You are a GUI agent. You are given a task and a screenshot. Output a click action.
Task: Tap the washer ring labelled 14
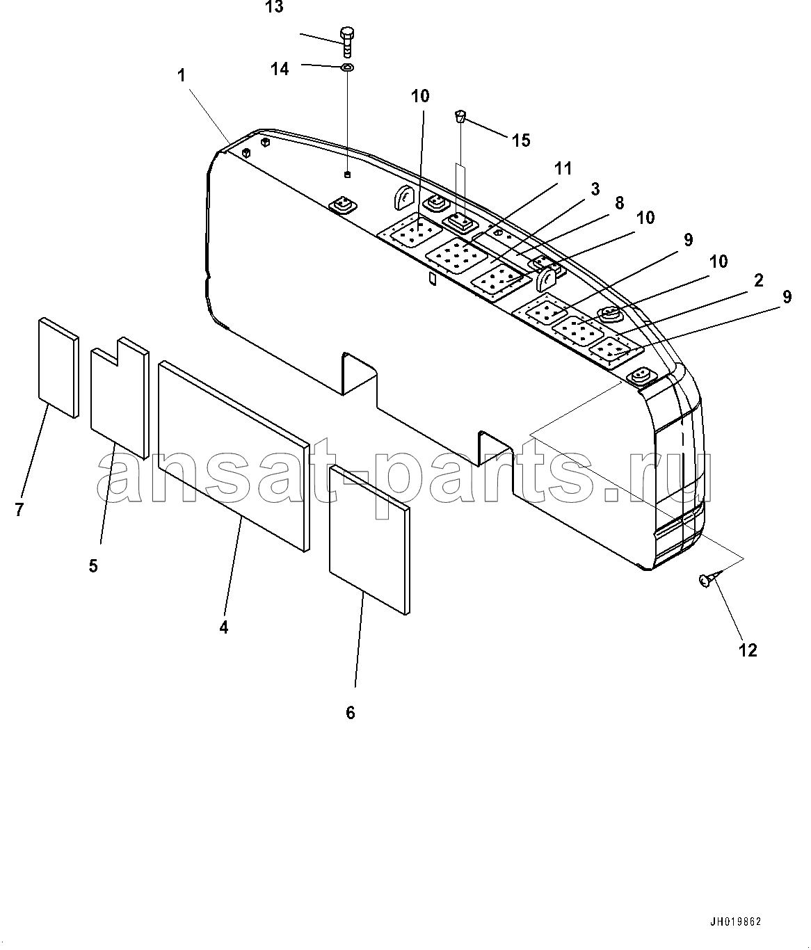coord(348,67)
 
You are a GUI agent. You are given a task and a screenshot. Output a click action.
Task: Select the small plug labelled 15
coord(460,116)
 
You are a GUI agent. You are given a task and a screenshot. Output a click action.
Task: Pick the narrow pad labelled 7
coord(58,367)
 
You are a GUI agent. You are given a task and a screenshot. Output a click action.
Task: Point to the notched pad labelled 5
coord(120,397)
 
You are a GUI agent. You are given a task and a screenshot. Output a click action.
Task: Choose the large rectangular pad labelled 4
coord(234,456)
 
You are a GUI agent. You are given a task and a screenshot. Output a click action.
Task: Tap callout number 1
coord(182,75)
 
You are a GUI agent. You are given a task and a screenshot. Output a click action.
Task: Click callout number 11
coord(563,169)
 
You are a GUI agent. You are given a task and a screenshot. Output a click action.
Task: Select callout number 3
coord(595,189)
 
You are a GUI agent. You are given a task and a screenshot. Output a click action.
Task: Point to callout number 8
coord(619,202)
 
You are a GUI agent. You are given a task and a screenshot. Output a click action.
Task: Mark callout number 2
coord(758,280)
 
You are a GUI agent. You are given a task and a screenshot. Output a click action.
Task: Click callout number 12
coord(748,650)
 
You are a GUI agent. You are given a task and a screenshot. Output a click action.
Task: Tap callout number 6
coord(351,713)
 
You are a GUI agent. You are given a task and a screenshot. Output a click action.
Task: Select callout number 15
coord(522,140)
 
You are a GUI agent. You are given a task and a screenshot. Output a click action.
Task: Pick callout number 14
coord(280,69)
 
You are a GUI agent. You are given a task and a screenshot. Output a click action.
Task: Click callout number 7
coord(19,509)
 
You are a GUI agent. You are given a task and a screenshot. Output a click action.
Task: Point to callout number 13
coord(274,7)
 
